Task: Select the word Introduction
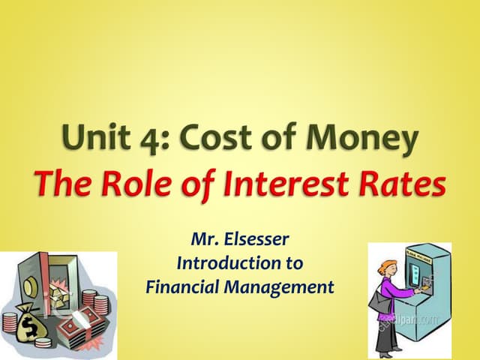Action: point(239,265)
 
